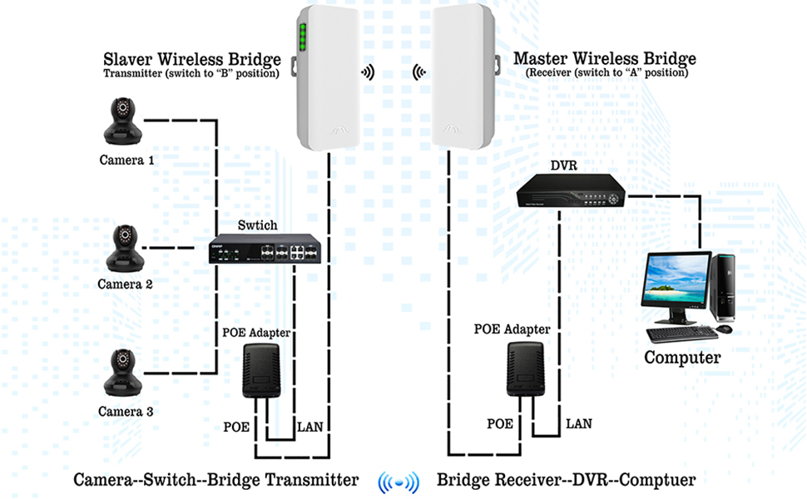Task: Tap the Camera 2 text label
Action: [126, 284]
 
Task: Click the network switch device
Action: [265, 249]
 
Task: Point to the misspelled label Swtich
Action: [257, 225]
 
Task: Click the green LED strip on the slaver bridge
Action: [304, 37]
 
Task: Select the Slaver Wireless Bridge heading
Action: [192, 59]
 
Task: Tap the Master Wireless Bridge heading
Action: [605, 59]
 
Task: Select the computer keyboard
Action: [681, 333]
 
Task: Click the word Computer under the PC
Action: [682, 358]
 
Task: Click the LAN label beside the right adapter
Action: [579, 423]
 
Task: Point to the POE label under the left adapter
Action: [237, 427]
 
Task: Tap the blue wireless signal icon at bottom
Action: [397, 482]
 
